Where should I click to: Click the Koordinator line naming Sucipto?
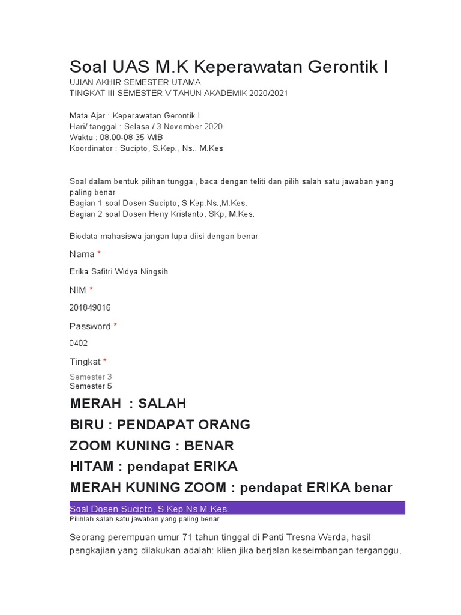(x=146, y=148)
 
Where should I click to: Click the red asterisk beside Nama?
(x=99, y=254)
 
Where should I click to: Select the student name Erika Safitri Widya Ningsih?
(x=119, y=272)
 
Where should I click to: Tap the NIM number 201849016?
(x=90, y=307)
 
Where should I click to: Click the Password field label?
(x=90, y=326)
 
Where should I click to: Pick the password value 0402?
(x=79, y=343)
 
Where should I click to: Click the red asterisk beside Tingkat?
(x=105, y=361)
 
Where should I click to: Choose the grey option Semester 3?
(x=91, y=377)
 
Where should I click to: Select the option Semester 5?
(x=91, y=386)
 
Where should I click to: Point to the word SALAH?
(x=163, y=403)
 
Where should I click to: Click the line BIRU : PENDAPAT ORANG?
(x=160, y=425)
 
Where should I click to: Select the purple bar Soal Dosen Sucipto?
(x=237, y=509)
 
